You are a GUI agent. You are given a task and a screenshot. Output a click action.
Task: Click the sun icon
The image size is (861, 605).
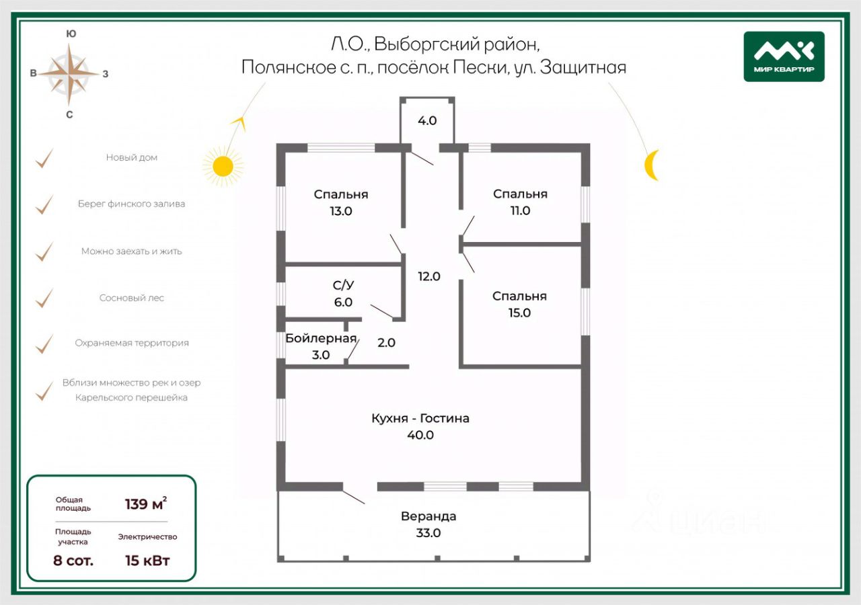click(223, 165)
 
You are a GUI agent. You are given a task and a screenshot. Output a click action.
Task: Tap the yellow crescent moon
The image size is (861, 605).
click(650, 165)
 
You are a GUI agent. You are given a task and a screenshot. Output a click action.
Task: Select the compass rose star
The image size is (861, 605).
click(69, 73)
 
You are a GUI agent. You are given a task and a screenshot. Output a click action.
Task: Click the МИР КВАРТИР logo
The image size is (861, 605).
click(784, 56)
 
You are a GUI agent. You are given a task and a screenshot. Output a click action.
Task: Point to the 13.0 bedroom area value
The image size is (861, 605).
click(341, 210)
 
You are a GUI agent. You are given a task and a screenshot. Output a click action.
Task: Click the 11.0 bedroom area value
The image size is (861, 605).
click(520, 210)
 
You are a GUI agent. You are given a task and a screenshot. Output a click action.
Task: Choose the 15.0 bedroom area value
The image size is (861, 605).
click(519, 313)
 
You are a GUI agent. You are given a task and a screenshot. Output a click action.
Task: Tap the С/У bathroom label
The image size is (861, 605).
click(343, 286)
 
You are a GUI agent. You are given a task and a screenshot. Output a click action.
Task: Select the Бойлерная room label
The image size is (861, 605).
click(320, 338)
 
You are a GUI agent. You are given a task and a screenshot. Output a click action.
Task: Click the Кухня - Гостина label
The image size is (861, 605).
click(420, 418)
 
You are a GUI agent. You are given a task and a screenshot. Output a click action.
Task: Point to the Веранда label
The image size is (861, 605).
click(428, 516)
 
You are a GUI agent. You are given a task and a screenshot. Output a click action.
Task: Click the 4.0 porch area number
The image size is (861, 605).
click(427, 121)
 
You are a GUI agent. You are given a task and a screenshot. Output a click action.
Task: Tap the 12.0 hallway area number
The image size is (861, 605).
click(428, 276)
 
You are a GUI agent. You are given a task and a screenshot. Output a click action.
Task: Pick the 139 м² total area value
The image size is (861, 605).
click(146, 503)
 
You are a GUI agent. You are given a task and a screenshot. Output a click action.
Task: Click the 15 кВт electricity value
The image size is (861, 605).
click(147, 560)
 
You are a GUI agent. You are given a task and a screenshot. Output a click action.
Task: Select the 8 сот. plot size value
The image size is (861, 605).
click(73, 560)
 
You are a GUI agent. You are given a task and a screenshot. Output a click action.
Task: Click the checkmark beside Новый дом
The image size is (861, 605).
click(44, 159)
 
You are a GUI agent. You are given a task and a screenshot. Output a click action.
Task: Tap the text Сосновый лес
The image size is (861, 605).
click(131, 298)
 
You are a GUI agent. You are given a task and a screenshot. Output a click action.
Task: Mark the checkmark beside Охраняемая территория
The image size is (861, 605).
click(44, 344)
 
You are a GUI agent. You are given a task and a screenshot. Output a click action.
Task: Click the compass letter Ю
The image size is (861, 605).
click(71, 34)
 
